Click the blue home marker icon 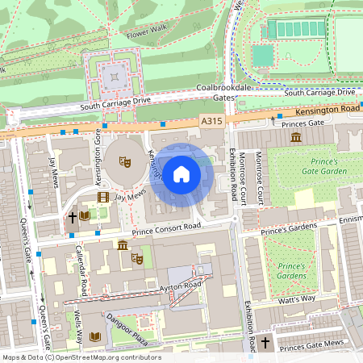[x=181, y=174]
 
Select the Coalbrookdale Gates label [x=216, y=93]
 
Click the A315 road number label [x=211, y=120]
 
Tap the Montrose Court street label [x=260, y=178]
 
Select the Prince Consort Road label [x=166, y=232]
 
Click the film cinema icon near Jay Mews [x=102, y=196]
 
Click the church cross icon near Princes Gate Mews [x=265, y=343]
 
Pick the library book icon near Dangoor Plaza [x=97, y=336]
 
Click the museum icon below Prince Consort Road [x=122, y=245]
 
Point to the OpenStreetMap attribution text [x=81, y=357]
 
